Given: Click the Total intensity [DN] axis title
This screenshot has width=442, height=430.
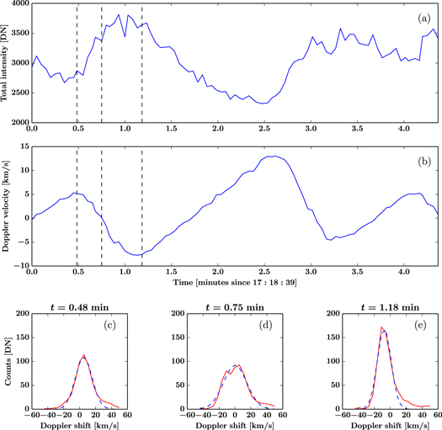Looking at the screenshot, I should tap(6, 63).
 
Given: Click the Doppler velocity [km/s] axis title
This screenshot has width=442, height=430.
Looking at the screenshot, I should tap(6, 204).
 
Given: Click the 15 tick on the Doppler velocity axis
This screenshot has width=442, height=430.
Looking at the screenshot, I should tap(22, 146).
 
